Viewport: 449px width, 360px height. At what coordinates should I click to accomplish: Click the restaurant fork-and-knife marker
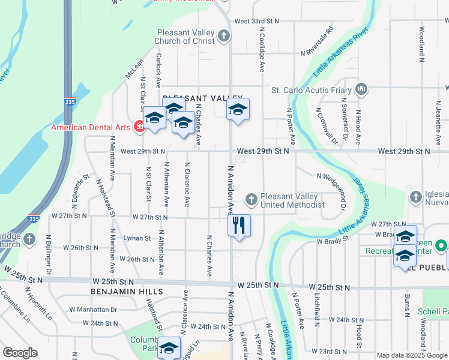239,226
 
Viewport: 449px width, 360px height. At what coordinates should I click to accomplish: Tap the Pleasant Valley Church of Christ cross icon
224,37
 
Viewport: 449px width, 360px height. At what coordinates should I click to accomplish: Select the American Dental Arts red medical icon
139,127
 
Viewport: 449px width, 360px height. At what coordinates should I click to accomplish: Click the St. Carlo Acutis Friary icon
361,90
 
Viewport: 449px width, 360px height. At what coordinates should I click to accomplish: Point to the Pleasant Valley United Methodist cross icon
252,198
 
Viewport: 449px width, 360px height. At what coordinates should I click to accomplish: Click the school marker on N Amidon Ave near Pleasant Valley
238,110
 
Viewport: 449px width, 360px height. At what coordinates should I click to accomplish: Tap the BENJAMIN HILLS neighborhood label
127,291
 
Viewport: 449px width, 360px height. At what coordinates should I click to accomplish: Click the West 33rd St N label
258,21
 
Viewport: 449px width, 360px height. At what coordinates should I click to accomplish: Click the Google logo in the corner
20,353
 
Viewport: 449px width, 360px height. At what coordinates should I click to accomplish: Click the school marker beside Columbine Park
169,347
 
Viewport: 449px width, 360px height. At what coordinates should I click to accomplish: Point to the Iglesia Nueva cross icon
415,197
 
